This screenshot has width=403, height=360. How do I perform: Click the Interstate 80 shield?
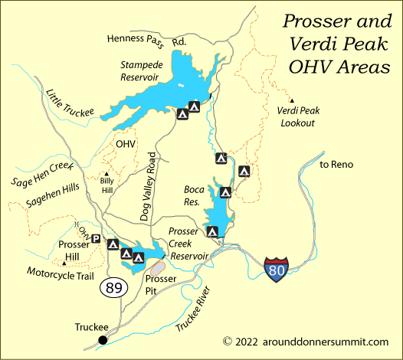click(x=277, y=270)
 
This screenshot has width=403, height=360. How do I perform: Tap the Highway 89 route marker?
click(x=111, y=288)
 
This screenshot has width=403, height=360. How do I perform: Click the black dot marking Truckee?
click(x=103, y=339)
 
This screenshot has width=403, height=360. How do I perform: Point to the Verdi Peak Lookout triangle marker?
click(x=291, y=100)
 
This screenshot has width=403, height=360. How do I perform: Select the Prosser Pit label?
click(x=161, y=285)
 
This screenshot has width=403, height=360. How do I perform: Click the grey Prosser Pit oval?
click(x=158, y=267)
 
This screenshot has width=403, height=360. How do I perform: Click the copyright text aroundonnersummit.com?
click(x=306, y=342)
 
